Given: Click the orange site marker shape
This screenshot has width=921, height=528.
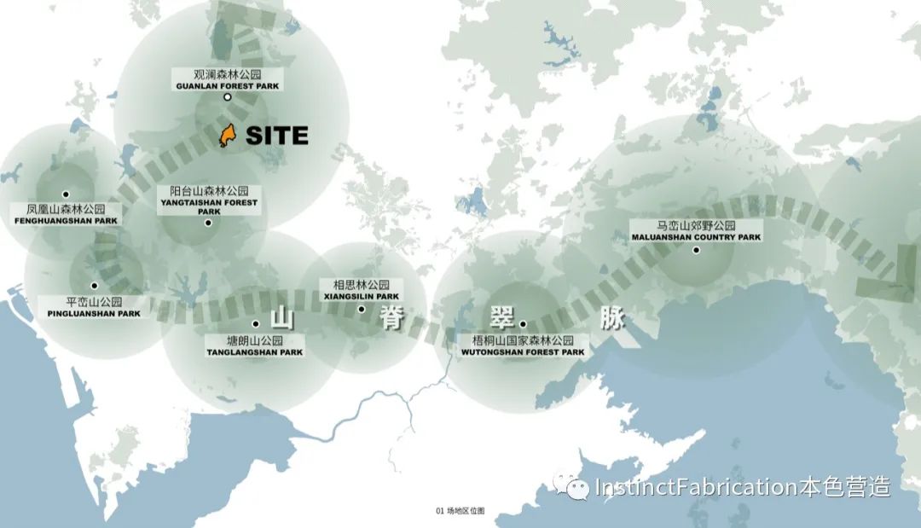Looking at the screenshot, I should (227, 135).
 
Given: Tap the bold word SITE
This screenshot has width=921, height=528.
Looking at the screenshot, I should (276, 136).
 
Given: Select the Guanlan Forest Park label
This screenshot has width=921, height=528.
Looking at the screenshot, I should (228, 80).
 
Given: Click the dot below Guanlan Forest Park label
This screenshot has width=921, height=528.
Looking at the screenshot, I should (228, 97).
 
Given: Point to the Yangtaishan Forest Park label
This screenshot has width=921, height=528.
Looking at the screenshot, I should (208, 201).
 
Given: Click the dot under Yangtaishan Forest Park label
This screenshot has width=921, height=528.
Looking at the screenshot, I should (208, 223).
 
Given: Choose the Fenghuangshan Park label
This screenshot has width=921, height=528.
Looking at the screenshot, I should (66, 214).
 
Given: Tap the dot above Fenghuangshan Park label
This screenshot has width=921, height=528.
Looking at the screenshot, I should (66, 194).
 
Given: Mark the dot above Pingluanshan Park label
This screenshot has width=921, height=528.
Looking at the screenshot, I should (95, 286).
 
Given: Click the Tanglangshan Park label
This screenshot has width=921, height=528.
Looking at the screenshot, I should (254, 346).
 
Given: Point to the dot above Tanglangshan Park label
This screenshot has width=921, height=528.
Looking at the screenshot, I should (256, 324).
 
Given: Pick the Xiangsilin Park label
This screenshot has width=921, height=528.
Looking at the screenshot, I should (362, 290).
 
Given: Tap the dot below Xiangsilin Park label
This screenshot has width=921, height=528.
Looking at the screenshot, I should (362, 309).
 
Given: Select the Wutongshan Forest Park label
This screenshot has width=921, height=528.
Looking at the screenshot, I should (523, 345).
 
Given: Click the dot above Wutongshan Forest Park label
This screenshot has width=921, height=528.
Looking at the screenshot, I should (523, 324).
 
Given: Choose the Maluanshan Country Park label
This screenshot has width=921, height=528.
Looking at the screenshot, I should (696, 231).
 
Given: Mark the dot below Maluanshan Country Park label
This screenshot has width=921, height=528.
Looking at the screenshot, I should (696, 250).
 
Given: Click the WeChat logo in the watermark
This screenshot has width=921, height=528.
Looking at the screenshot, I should (571, 487).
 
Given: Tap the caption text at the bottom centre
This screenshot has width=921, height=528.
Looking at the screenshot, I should (460, 511).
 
